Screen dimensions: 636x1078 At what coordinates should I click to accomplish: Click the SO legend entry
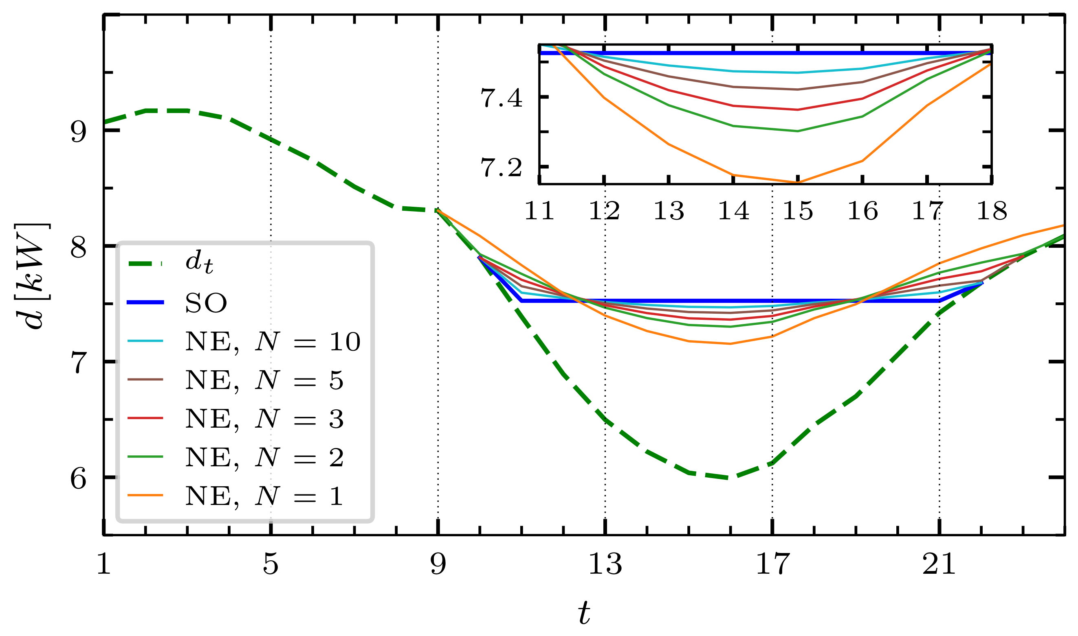coord(206,303)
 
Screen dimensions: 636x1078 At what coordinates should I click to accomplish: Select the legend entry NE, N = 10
coord(273,341)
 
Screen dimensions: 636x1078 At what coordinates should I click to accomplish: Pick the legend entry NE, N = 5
coord(264,380)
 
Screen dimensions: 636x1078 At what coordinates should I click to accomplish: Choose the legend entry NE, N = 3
coord(264,419)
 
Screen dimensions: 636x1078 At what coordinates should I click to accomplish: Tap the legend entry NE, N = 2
coord(264,457)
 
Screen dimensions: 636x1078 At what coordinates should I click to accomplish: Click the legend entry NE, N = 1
coord(264,496)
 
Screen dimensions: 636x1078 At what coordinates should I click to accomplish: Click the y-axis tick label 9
coord(79,131)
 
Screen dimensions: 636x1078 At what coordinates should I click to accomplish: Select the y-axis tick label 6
coord(79,478)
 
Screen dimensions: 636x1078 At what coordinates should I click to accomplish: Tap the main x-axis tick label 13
coord(605,565)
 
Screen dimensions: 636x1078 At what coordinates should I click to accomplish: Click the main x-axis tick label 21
coord(939,565)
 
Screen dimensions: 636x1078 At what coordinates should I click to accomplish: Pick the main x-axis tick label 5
coord(271,565)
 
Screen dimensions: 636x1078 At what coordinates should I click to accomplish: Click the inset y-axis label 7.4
coord(502,98)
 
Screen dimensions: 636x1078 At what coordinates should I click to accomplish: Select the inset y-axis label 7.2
coord(502,168)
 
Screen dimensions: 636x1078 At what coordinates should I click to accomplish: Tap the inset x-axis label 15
coord(798,211)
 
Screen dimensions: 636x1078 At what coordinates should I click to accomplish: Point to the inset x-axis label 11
coord(539,211)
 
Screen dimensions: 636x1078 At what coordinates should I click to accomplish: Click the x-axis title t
coord(584,613)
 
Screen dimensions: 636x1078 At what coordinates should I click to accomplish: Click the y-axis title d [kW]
coord(33,276)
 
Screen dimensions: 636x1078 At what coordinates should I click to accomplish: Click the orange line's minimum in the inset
coord(798,182)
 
